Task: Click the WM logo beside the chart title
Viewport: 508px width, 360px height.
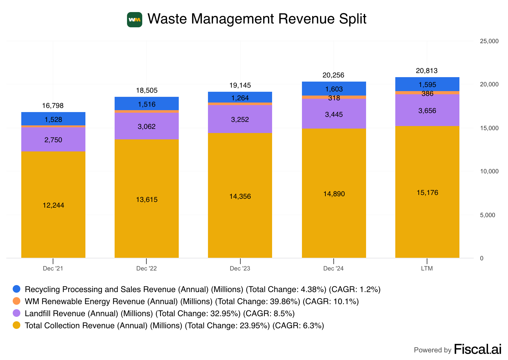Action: [135, 20]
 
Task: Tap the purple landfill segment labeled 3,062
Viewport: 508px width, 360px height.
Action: [147, 126]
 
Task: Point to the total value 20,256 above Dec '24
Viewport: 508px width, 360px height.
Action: [333, 75]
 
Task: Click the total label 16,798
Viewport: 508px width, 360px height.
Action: [53, 106]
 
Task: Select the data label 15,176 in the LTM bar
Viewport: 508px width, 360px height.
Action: [427, 193]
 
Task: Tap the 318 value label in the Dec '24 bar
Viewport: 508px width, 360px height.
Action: [334, 98]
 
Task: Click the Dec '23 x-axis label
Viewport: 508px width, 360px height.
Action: [240, 269]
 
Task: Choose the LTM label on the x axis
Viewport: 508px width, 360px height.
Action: [427, 269]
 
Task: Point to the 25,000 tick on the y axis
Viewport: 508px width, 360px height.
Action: [489, 41]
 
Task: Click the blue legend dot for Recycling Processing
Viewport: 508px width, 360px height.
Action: [17, 289]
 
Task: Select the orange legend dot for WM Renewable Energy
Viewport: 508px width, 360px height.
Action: [17, 301]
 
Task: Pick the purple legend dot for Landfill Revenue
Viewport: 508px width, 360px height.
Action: [17, 313]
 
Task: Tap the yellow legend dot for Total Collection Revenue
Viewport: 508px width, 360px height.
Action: [17, 325]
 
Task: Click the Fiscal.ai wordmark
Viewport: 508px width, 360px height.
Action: [478, 349]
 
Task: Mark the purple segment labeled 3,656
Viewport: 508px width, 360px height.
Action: [427, 110]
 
